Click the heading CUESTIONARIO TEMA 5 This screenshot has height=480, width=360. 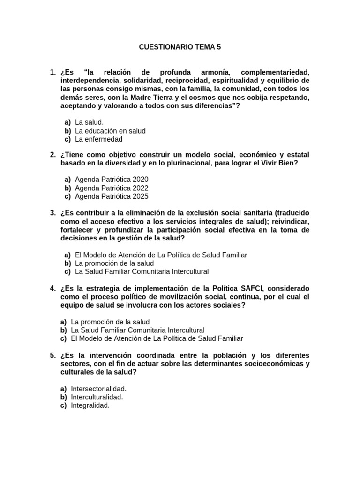(x=180, y=47)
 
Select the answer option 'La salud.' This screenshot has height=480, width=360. (x=89, y=122)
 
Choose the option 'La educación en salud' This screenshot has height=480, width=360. (x=110, y=131)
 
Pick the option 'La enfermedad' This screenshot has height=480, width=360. (x=98, y=139)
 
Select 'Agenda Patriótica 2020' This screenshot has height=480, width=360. (x=112, y=180)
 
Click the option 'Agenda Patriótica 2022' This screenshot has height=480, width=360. (x=112, y=188)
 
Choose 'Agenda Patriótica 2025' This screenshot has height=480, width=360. (x=112, y=196)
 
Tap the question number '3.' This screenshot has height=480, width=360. (x=53, y=213)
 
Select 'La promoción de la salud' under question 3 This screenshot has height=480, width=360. (x=114, y=263)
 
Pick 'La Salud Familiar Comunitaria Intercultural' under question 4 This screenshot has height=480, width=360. (x=138, y=330)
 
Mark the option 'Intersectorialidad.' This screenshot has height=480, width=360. (x=99, y=389)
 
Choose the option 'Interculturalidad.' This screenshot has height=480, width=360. (x=97, y=397)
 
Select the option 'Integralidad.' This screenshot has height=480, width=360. (x=90, y=406)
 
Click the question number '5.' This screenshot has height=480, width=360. (x=53, y=355)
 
